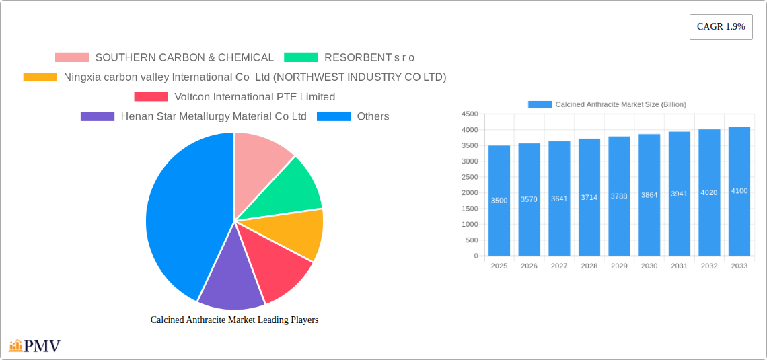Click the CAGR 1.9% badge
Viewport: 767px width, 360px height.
click(x=721, y=27)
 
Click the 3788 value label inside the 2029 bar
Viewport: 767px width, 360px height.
click(x=619, y=196)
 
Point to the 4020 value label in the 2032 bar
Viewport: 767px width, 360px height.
click(x=709, y=192)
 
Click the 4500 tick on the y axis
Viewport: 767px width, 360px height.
click(x=470, y=114)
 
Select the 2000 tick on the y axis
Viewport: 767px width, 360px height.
click(x=470, y=192)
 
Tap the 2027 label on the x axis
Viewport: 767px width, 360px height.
click(x=559, y=266)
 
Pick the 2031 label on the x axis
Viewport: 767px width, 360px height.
click(x=679, y=266)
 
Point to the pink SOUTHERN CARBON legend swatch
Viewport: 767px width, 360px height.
click(x=72, y=58)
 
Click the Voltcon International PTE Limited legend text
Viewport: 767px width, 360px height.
click(x=254, y=97)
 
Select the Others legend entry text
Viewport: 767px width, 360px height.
click(x=373, y=116)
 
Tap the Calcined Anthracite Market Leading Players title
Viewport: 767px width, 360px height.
click(x=234, y=320)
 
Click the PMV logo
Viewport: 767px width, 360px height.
click(x=35, y=346)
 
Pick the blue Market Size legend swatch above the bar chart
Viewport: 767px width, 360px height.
click(x=540, y=104)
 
